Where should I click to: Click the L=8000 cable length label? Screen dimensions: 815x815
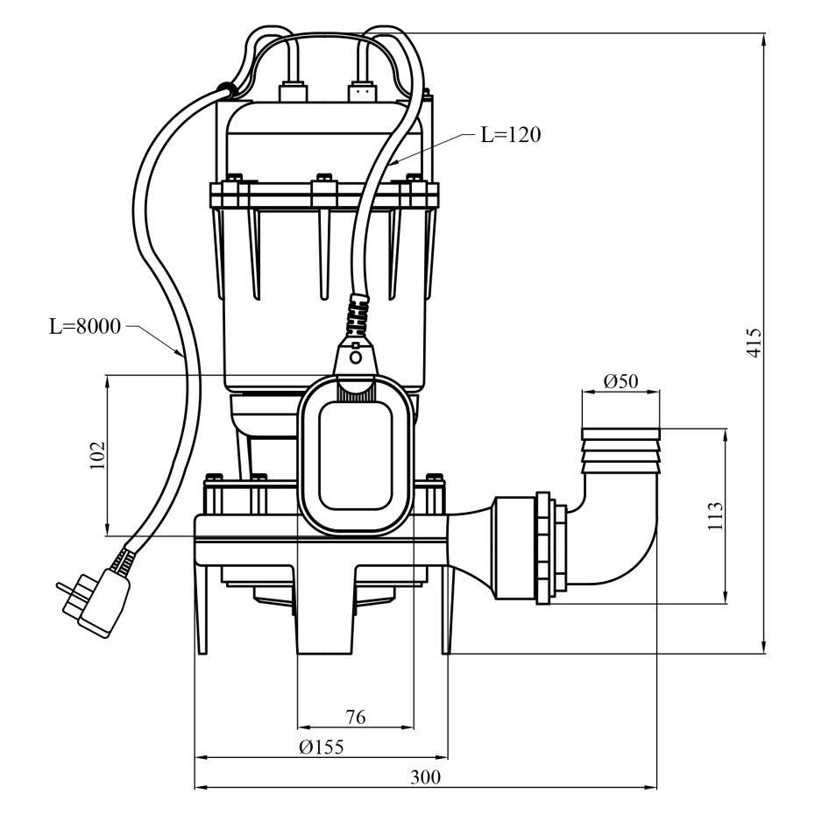[x=85, y=326]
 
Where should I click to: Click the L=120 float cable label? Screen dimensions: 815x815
[x=510, y=135]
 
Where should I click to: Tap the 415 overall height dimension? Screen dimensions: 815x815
[x=755, y=342]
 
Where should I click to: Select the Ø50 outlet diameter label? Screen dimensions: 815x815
[x=620, y=381]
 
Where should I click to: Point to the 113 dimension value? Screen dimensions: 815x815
[x=716, y=515]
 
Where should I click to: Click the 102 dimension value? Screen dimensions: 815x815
[x=98, y=456]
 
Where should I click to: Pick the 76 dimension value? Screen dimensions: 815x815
[x=356, y=717]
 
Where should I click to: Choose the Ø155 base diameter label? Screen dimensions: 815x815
[x=322, y=747]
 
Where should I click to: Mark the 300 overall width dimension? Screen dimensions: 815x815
[x=425, y=777]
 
